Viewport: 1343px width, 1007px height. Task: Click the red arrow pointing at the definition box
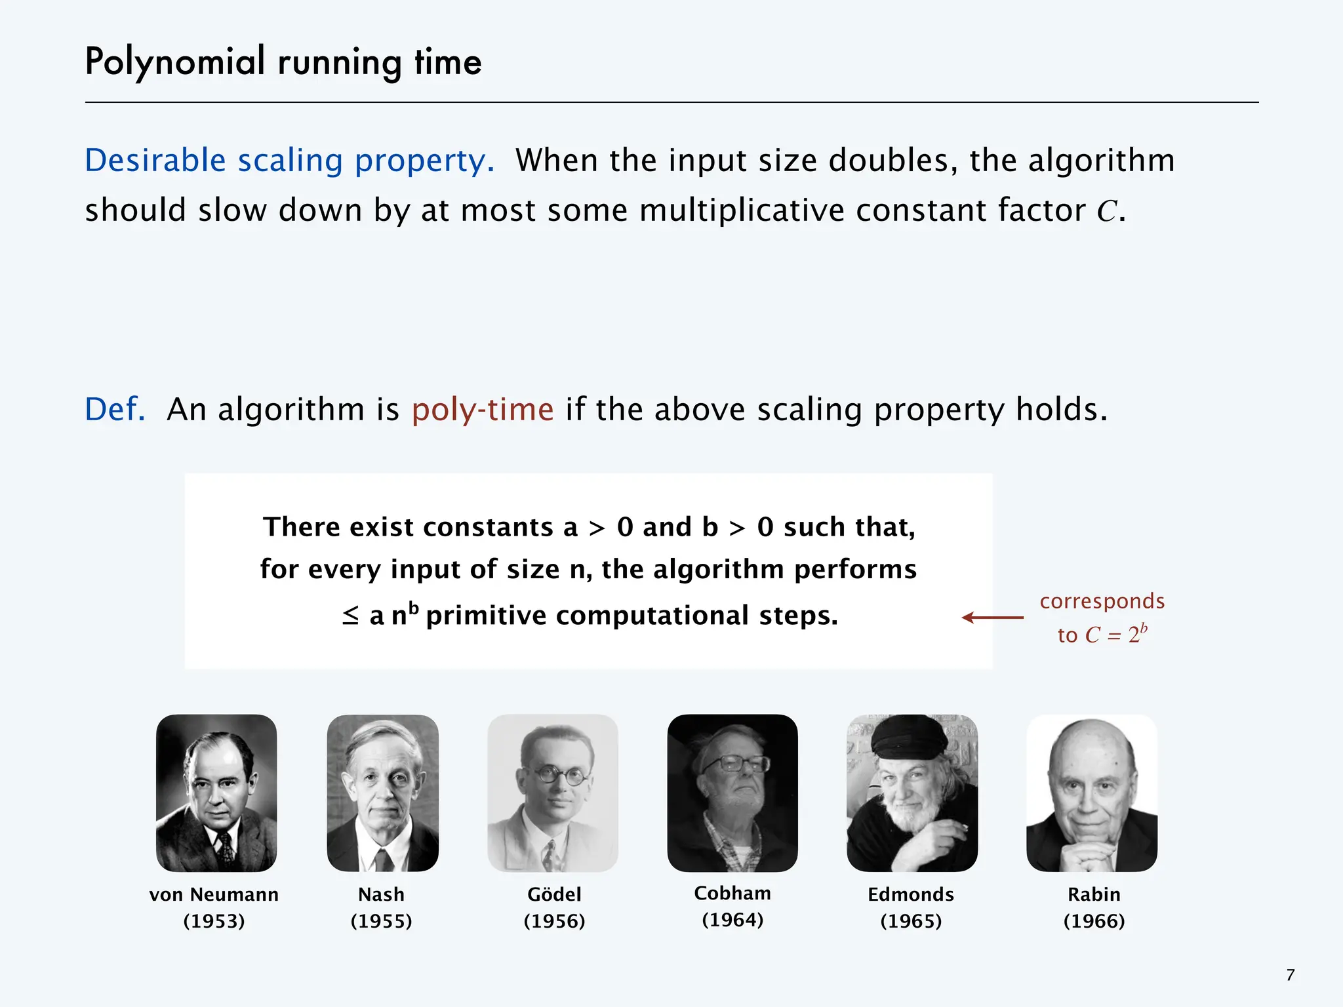pyautogui.click(x=992, y=618)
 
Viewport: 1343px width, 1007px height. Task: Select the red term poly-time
pyautogui.click(x=483, y=410)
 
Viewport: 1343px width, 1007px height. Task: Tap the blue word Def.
pyautogui.click(x=115, y=410)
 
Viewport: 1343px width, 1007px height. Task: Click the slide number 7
pyautogui.click(x=1291, y=975)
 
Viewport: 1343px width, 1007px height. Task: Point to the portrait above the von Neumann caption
pyautogui.click(x=216, y=793)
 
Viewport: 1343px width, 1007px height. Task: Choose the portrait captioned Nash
pyautogui.click(x=383, y=793)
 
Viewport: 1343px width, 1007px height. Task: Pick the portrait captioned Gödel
pyautogui.click(x=553, y=793)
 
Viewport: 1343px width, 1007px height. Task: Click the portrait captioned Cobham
pyautogui.click(x=732, y=793)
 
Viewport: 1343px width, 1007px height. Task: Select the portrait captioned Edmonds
pyautogui.click(x=912, y=793)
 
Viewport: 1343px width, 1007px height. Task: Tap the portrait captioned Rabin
pyautogui.click(x=1092, y=793)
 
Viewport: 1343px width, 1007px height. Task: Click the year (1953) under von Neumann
pyautogui.click(x=214, y=921)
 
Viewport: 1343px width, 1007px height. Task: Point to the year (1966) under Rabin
pyautogui.click(x=1094, y=921)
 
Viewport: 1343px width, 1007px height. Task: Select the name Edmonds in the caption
pyautogui.click(x=911, y=894)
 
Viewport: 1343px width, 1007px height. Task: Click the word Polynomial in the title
pyautogui.click(x=175, y=63)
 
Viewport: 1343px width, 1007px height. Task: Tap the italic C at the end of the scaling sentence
pyautogui.click(x=1107, y=212)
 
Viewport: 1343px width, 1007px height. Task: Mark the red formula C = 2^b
pyautogui.click(x=1115, y=635)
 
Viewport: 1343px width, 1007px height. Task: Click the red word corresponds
pyautogui.click(x=1102, y=601)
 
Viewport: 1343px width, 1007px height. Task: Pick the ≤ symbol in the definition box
pyautogui.click(x=351, y=616)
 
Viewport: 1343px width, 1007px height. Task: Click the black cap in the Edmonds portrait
pyautogui.click(x=908, y=738)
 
